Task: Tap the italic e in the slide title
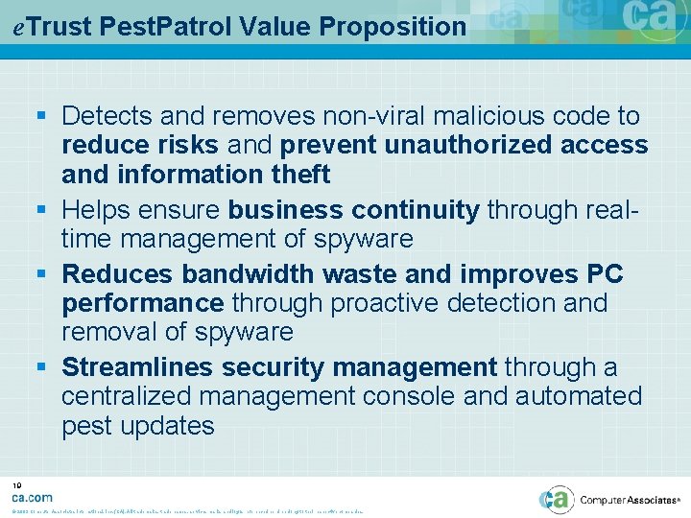point(19,27)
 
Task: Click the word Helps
point(101,210)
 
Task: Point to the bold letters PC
point(603,274)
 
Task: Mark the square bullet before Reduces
point(47,275)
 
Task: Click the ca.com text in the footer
point(32,497)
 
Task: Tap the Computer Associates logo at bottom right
point(613,499)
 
